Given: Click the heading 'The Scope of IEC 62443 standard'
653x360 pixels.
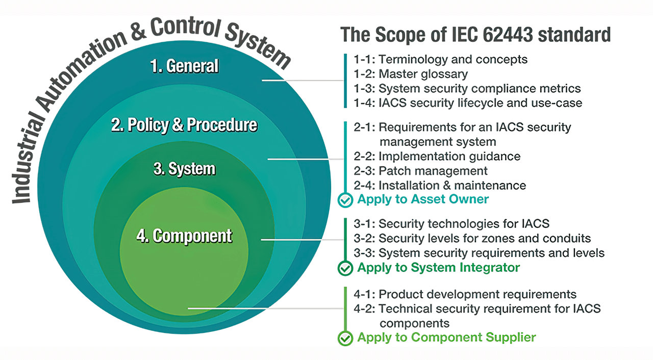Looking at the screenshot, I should click(475, 35).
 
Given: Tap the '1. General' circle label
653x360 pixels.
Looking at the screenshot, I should click(184, 66).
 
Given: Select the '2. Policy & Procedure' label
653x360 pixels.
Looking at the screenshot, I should click(184, 125).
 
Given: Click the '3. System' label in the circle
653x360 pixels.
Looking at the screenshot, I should click(184, 169).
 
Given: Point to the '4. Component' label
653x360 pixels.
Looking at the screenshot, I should click(184, 236).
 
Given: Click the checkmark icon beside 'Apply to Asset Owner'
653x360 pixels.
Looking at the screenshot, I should click(345, 200).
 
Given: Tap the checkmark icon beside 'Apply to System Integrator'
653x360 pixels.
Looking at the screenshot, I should click(345, 268).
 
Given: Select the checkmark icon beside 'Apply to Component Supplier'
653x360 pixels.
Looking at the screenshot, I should click(345, 338).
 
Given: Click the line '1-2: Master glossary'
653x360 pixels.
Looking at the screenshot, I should click(411, 74).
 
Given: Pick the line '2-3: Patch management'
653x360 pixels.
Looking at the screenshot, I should click(420, 171).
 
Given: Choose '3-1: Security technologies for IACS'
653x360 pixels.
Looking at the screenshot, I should click(451, 223).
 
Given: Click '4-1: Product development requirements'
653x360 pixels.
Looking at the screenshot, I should click(465, 294).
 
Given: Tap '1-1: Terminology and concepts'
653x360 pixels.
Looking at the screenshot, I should click(441, 59).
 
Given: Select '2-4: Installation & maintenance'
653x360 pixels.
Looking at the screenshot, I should click(440, 186).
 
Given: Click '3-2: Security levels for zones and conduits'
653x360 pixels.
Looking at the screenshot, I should click(472, 238).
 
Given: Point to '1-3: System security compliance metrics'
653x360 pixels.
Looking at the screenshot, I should click(467, 88).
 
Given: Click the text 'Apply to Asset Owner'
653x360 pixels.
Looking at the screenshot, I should click(423, 199).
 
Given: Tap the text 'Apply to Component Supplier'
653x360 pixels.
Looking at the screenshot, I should click(446, 337).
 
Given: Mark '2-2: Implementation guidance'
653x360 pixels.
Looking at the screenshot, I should click(437, 156).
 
